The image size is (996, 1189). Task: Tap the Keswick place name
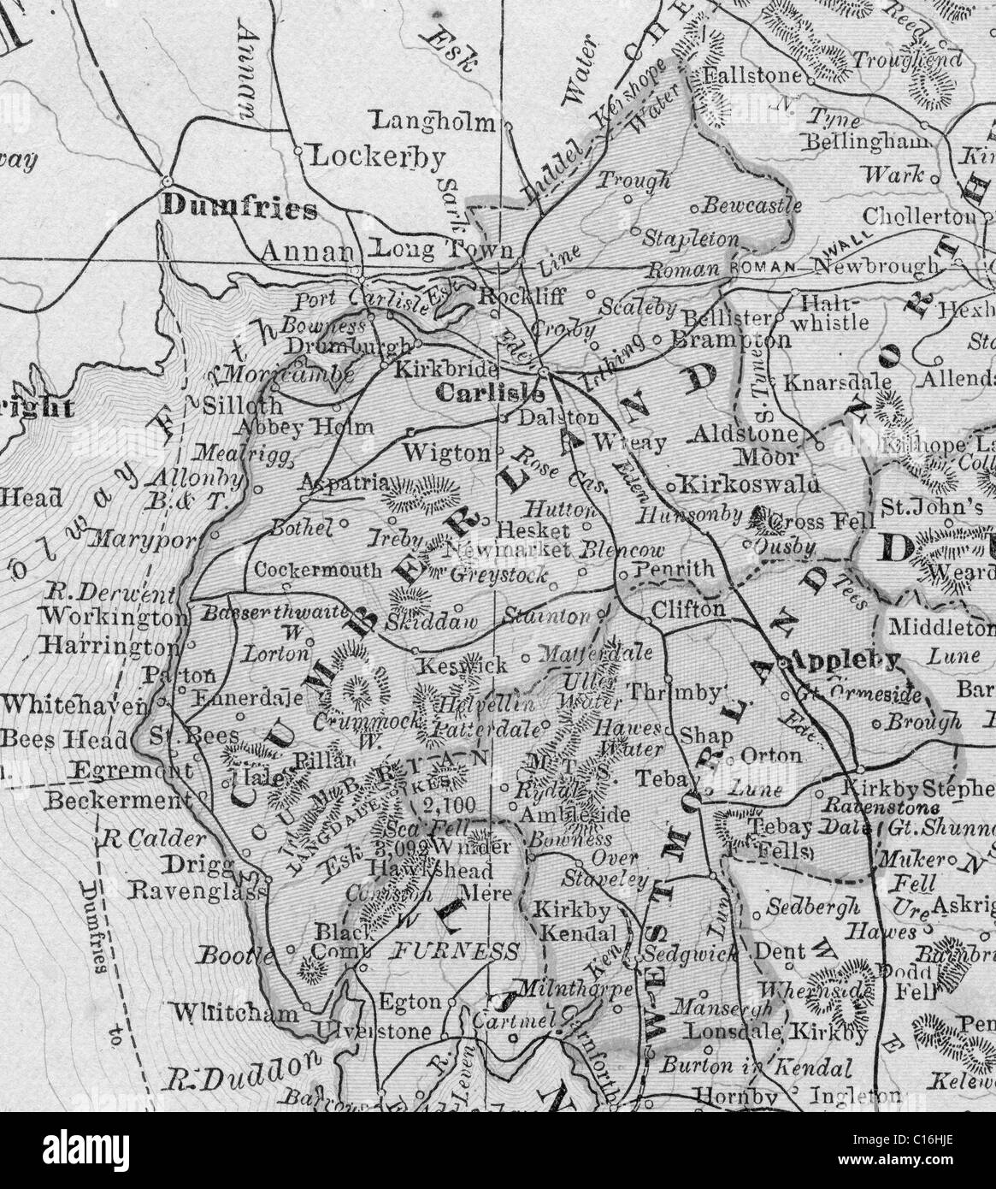pos(461,664)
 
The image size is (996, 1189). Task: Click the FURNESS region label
pos(456,952)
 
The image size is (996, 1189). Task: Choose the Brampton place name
pos(716,340)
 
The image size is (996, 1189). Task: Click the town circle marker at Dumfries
pos(167,180)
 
